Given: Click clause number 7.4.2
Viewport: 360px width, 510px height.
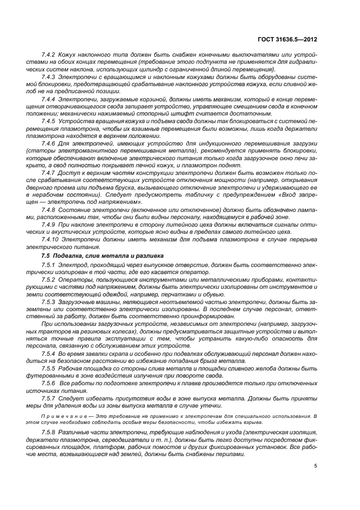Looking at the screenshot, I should (x=50, y=56).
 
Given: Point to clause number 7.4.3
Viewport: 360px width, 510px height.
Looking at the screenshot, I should (x=50, y=76).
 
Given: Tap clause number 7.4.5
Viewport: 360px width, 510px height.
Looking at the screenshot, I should (x=50, y=120).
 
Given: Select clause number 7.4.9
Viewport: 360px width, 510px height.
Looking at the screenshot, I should (x=50, y=224).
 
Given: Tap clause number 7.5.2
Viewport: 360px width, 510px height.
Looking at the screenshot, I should (x=50, y=279).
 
